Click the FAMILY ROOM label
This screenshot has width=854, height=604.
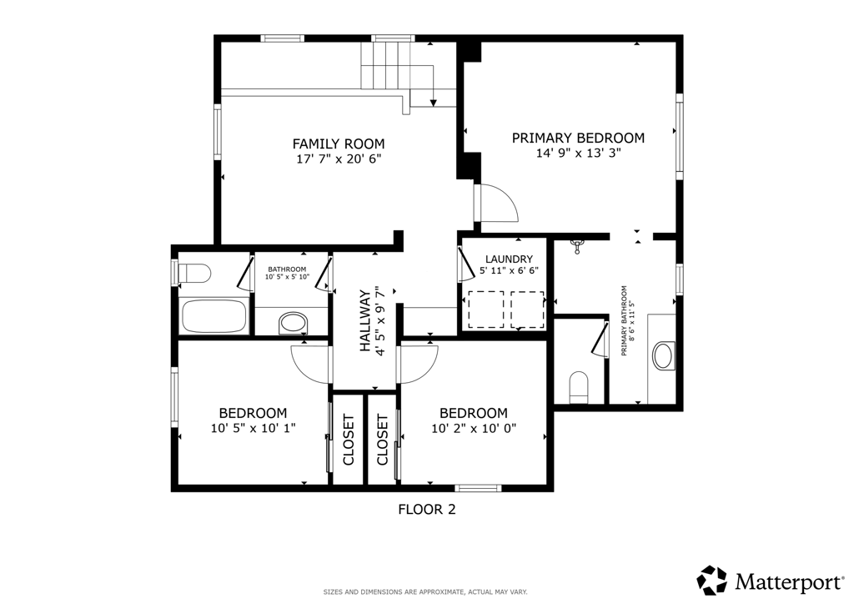339,143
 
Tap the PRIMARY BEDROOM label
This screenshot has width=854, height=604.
578,138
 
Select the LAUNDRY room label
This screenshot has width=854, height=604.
509,259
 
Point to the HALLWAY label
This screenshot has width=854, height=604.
365,321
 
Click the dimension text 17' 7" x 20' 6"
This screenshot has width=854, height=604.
339,159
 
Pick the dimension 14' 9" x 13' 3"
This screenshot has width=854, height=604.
579,153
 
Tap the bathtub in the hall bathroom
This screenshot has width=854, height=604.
214,316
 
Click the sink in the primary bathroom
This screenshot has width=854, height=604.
663,355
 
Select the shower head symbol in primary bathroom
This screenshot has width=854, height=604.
577,246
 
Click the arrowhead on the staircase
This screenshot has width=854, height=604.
434,103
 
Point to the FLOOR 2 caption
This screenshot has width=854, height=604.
426,509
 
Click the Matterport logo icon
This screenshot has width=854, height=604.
712,580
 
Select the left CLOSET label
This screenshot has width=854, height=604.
349,440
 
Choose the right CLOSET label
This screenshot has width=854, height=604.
382,440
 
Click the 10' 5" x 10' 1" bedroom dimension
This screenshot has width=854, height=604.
253,428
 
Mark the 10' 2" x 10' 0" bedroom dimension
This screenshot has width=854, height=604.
474,429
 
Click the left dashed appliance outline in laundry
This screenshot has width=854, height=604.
485,310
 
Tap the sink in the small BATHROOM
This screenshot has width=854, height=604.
293,324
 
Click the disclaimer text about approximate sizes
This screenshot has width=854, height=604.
425,591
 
